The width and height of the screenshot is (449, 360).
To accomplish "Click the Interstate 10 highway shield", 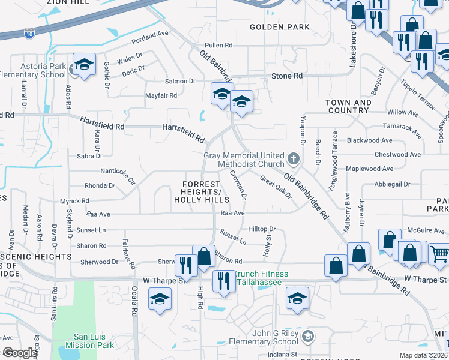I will (29, 34).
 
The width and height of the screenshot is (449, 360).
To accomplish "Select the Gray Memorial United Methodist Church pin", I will (294, 159).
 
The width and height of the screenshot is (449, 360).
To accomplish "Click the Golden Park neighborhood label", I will (280, 27).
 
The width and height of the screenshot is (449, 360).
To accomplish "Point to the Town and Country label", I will (348, 106).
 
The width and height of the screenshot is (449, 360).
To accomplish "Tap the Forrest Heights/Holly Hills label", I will (201, 191).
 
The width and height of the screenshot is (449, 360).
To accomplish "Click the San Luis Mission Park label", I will (94, 341).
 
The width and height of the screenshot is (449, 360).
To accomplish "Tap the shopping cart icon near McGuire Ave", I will (439, 253).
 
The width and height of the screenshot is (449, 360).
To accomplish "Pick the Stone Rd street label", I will (287, 76).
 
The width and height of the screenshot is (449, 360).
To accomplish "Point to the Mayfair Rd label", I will (161, 95).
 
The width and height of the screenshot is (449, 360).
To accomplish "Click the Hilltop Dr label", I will (261, 229).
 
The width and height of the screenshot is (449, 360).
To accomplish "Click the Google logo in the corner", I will (19, 353).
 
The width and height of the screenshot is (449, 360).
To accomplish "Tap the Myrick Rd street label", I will (74, 201).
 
